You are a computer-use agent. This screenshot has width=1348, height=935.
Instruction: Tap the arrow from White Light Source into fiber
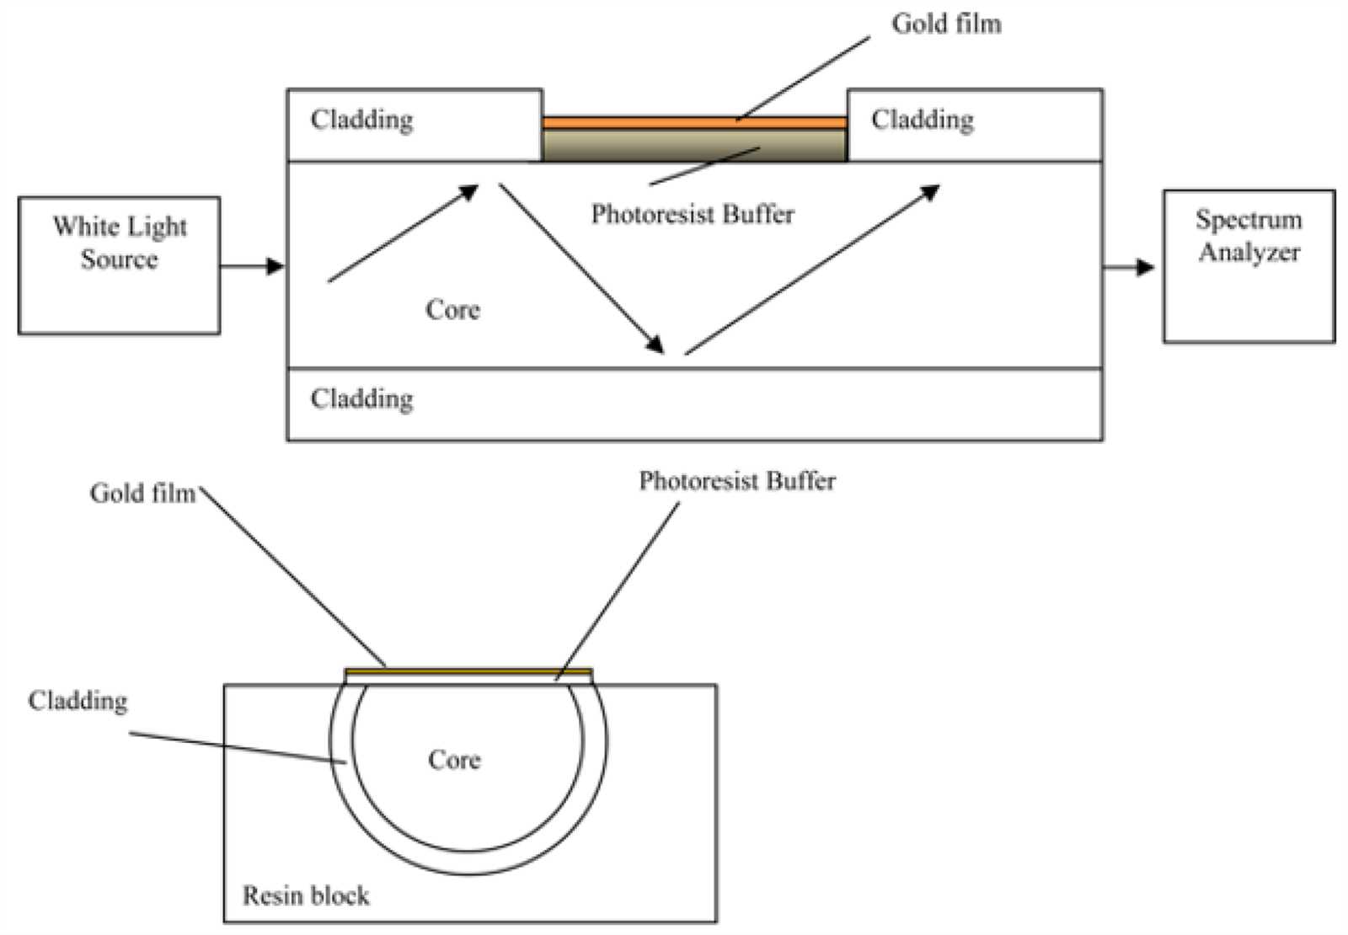252,265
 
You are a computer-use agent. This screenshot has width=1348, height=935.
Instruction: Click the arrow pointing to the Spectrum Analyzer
1128,266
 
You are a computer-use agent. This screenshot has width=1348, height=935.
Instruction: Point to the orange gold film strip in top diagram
694,123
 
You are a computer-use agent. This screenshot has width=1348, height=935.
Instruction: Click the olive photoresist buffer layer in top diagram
694,146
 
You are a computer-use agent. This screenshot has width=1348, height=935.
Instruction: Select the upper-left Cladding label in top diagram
361,120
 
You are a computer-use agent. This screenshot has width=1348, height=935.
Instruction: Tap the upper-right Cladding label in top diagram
922,120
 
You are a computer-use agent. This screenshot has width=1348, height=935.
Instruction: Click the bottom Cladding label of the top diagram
361,399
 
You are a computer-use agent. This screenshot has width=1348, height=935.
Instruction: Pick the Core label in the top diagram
452,310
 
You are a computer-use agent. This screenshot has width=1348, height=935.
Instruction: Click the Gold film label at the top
947,24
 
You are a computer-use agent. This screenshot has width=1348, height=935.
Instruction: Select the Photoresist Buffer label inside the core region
693,214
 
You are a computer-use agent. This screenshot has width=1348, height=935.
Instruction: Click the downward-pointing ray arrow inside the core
581,269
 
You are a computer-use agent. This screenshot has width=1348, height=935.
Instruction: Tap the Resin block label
306,895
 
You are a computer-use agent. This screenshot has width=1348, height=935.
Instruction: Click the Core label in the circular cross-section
454,759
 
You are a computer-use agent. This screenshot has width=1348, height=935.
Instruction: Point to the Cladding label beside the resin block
78,701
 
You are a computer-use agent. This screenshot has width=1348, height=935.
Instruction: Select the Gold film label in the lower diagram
142,494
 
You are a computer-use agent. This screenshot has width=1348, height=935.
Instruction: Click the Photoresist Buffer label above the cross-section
737,481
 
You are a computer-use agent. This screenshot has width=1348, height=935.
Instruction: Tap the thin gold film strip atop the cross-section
468,671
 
